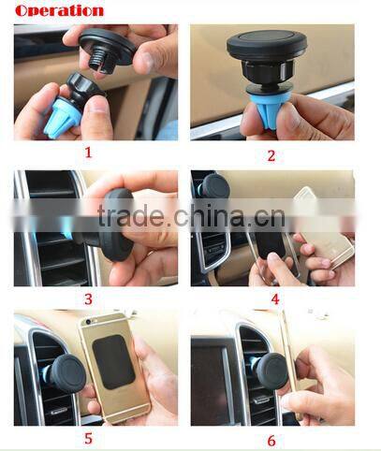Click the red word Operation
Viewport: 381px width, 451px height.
59,10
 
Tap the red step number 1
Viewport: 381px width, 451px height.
88,153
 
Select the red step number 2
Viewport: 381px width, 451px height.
271,155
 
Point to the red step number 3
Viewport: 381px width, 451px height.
88,299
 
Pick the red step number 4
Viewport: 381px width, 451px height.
275,298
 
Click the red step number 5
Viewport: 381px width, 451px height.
88,438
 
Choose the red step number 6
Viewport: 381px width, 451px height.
271,441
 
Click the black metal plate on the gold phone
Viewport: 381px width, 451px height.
113,362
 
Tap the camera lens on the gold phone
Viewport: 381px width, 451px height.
89,322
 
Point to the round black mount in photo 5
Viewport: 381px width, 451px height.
67,373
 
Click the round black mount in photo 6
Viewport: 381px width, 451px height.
272,371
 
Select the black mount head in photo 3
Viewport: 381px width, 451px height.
118,225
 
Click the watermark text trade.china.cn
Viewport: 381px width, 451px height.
191,215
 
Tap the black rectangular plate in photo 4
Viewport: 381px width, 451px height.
271,243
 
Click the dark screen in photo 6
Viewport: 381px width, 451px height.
208,381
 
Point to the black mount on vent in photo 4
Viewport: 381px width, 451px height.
216,188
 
